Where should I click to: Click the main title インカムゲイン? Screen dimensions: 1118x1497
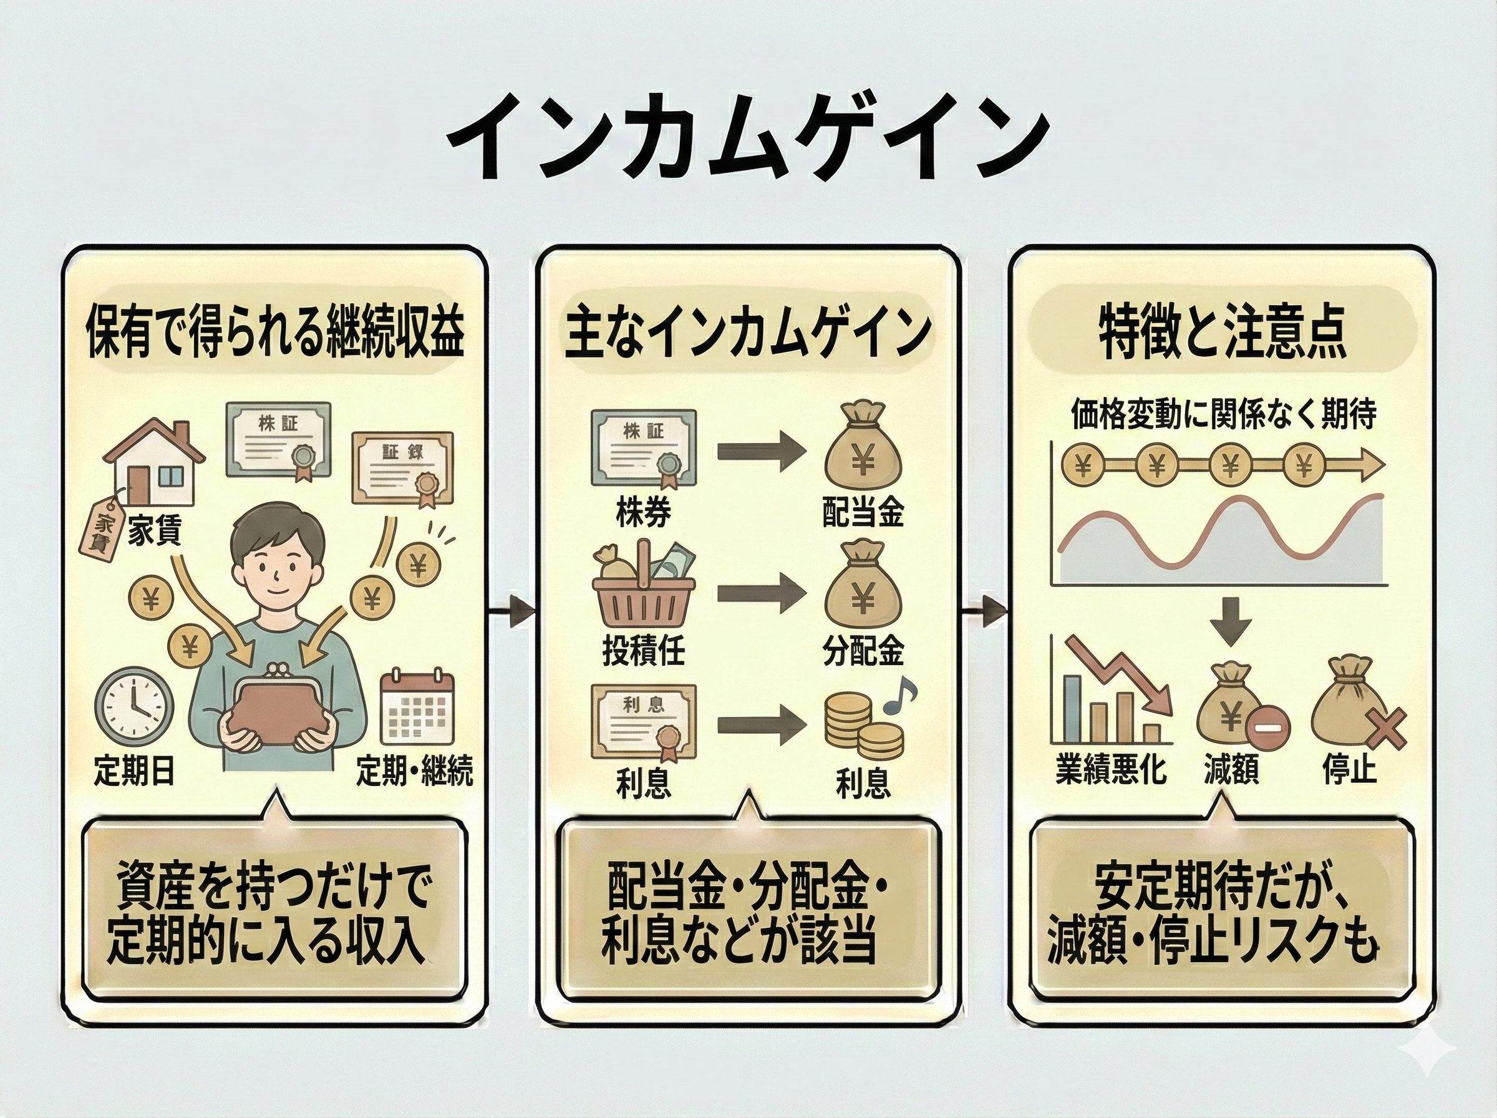pos(747,139)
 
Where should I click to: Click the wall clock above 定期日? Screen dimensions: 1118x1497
pos(134,707)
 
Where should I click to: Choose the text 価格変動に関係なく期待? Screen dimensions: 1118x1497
pos(1223,414)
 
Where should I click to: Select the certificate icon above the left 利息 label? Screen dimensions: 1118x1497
pos(643,721)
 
